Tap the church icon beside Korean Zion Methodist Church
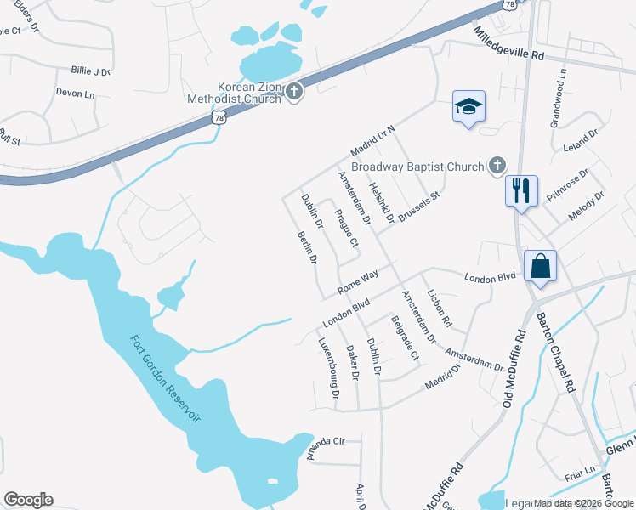(294, 92)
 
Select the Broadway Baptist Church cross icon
(497, 167)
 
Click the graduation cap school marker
(468, 107)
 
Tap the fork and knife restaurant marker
(520, 190)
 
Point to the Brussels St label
(421, 207)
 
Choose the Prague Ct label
(345, 227)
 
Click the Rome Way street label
(357, 282)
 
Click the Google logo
(28, 500)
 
